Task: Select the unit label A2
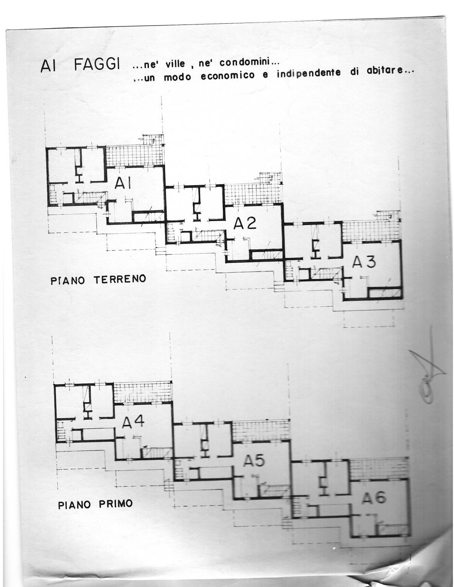[245, 223]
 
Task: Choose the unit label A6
[374, 498]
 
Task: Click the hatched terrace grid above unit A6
[379, 467]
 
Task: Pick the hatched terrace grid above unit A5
[260, 431]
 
